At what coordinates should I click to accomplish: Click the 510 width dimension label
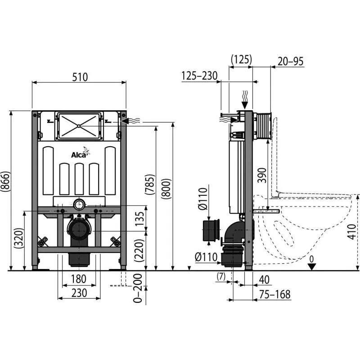[80, 77]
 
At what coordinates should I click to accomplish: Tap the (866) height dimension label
[5, 181]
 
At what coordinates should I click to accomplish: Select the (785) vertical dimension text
[150, 184]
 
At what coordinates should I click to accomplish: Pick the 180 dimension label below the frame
[78, 279]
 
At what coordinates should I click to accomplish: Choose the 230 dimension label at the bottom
[79, 293]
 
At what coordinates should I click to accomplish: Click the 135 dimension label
[139, 219]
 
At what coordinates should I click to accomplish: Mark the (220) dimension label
[139, 251]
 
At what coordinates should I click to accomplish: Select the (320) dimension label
[19, 238]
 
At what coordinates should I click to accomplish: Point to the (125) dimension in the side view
[241, 59]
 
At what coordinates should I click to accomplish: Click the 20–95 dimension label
[290, 62]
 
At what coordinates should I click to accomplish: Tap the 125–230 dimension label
[199, 76]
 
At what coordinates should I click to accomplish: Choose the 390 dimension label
[262, 175]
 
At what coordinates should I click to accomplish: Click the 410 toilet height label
[351, 232]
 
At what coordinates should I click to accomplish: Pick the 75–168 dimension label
[275, 295]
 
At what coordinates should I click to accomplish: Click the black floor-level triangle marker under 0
[311, 267]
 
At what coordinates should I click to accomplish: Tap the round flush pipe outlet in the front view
[80, 204]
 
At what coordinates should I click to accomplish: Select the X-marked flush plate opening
[79, 126]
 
